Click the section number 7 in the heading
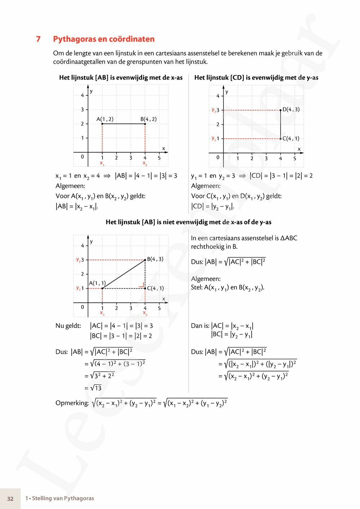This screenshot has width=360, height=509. pos(39,39)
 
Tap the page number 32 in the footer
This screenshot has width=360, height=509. pos(10,499)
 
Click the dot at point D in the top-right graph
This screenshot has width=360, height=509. pos(280,110)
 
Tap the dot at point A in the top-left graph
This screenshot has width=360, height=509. pos(102,124)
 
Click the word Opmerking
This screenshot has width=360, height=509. pos(72,403)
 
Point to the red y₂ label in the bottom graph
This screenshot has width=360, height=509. pos(78,260)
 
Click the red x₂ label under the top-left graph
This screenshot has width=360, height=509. pos(145,164)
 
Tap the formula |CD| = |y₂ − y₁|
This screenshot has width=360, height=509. pos(213,207)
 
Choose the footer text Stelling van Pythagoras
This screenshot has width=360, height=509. pos(63,499)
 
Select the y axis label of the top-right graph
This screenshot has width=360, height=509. pos(227,92)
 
